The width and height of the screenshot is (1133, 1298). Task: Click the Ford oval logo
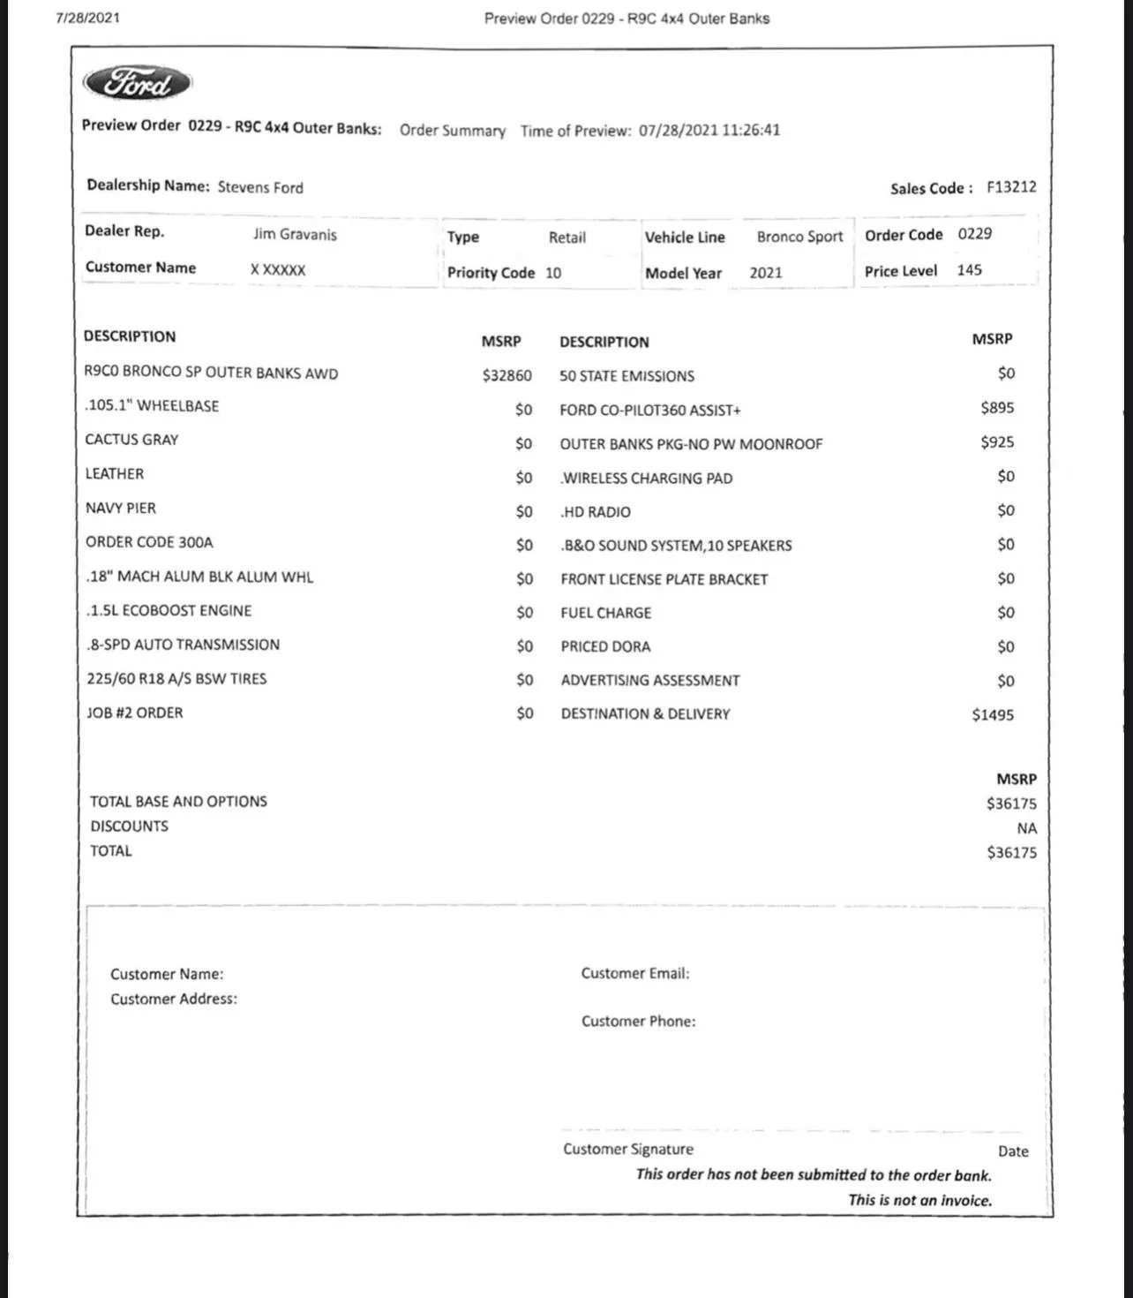click(138, 83)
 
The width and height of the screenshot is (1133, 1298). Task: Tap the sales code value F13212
click(1011, 187)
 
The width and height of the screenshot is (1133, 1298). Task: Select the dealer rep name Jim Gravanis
click(295, 234)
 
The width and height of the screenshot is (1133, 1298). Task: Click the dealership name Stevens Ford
click(260, 187)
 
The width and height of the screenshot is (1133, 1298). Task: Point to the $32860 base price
click(506, 375)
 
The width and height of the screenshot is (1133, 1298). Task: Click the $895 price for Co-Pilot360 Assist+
click(997, 408)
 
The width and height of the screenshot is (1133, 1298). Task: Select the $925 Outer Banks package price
click(997, 441)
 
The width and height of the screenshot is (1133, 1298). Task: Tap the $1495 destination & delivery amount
click(993, 714)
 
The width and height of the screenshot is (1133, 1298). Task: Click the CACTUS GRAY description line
click(131, 440)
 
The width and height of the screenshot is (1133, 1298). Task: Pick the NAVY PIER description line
click(121, 508)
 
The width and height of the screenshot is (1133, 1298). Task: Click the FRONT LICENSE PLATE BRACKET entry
click(664, 579)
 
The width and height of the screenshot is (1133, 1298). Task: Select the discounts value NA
click(1026, 828)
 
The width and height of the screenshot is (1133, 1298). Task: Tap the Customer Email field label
click(635, 973)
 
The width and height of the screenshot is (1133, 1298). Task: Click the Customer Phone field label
click(638, 1021)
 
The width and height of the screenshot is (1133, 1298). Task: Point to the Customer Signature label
click(628, 1149)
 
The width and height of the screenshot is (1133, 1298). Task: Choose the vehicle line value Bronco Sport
click(799, 237)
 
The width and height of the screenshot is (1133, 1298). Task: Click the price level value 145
click(969, 270)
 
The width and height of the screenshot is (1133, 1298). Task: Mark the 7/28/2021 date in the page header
click(87, 18)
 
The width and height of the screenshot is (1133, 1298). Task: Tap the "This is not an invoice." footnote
click(919, 1200)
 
